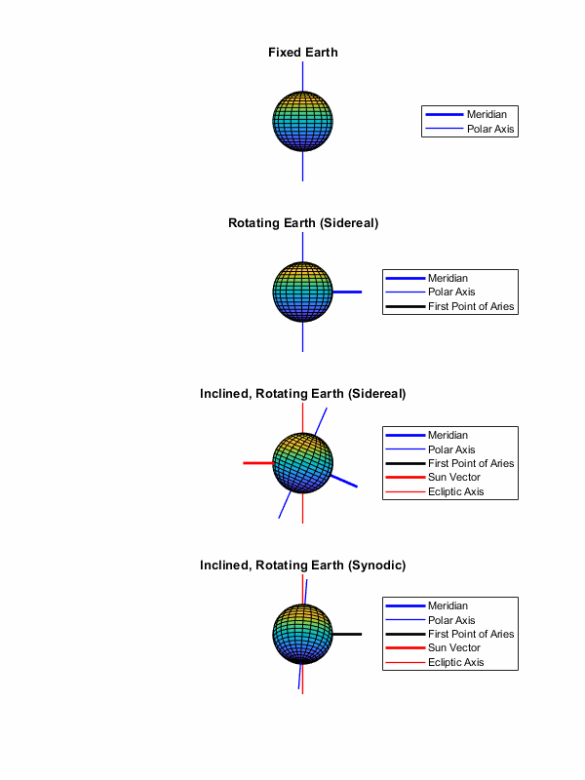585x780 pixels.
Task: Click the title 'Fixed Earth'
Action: pyautogui.click(x=303, y=52)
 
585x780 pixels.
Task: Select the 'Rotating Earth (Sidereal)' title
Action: pyautogui.click(x=303, y=223)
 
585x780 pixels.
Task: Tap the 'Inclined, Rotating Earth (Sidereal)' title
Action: pyautogui.click(x=303, y=394)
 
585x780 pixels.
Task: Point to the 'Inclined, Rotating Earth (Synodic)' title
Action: pyautogui.click(x=303, y=565)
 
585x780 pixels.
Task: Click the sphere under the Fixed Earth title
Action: pyautogui.click(x=303, y=121)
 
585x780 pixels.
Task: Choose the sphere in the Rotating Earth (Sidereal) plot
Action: pyautogui.click(x=303, y=292)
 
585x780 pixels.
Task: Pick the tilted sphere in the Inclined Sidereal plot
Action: pyautogui.click(x=303, y=463)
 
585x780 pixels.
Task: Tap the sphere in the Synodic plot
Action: pyautogui.click(x=303, y=634)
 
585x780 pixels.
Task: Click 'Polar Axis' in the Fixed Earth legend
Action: pyautogui.click(x=490, y=129)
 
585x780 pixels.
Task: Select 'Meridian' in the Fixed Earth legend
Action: pyautogui.click(x=487, y=115)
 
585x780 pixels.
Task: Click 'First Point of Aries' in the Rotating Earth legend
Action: pyautogui.click(x=471, y=307)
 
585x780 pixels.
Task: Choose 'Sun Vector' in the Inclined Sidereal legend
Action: pyautogui.click(x=454, y=478)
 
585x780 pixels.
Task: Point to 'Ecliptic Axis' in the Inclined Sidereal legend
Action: pyautogui.click(x=456, y=491)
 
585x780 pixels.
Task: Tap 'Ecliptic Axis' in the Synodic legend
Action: pyautogui.click(x=456, y=663)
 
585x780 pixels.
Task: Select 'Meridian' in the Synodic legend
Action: pyautogui.click(x=448, y=606)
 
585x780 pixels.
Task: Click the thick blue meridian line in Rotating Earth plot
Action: pyautogui.click(x=348, y=292)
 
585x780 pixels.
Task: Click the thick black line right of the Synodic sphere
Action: pyautogui.click(x=348, y=635)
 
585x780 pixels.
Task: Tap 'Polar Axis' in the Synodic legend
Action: pyautogui.click(x=451, y=620)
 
